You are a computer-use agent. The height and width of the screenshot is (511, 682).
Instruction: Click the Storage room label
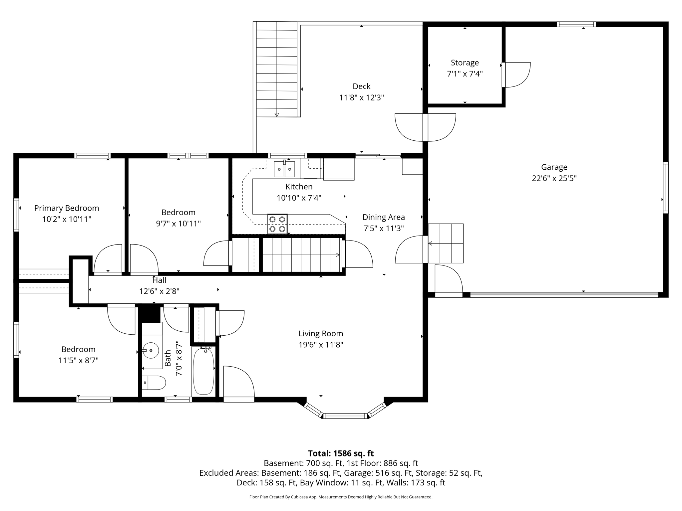tap(465, 63)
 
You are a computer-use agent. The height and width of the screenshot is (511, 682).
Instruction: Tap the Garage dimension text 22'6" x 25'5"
tap(554, 178)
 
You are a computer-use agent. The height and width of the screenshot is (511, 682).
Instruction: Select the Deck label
tap(361, 86)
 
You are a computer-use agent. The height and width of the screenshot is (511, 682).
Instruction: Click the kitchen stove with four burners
tap(277, 224)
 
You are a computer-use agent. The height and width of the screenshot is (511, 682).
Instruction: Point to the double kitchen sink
tap(284, 169)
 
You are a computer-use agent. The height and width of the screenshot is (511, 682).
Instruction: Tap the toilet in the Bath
tap(154, 383)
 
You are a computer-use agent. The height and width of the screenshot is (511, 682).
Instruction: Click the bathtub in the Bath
tap(203, 371)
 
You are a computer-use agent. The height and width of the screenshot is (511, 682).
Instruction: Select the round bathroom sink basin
tap(151, 350)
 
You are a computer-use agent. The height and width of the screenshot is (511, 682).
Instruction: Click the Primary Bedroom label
tap(67, 208)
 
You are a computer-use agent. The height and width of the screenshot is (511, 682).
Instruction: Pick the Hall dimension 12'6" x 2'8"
tap(159, 291)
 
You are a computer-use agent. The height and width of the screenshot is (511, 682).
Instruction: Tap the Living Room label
tap(320, 334)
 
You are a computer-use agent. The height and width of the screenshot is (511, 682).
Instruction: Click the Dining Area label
tap(383, 217)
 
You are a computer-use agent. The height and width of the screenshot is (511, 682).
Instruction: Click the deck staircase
tap(277, 69)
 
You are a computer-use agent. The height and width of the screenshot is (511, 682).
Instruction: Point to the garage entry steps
tap(446, 243)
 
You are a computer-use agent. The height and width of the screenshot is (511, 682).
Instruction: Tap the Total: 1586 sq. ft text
tap(341, 453)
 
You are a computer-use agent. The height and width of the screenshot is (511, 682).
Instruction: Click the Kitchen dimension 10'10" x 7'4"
tap(299, 198)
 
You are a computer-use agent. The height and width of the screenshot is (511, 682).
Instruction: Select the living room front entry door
tap(238, 383)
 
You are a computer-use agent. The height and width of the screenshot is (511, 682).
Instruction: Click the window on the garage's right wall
tap(665, 187)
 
